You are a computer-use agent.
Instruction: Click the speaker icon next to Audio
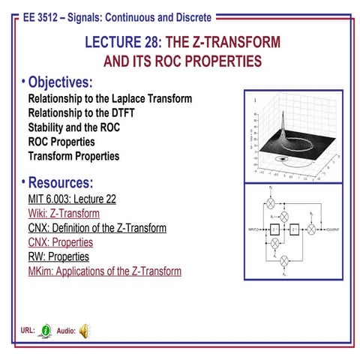click(84, 330)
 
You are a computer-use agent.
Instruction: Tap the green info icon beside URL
click(46, 330)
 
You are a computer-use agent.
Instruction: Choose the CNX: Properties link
click(60, 242)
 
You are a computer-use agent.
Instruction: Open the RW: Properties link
click(58, 256)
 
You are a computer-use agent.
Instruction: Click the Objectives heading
click(59, 82)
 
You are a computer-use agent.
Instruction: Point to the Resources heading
click(60, 183)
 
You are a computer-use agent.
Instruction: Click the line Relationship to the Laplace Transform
click(109, 99)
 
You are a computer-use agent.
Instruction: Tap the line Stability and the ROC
click(73, 127)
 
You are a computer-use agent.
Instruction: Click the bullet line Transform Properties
click(73, 156)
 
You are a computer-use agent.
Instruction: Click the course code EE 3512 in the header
click(43, 16)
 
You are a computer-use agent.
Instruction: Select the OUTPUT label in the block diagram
click(330, 227)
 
